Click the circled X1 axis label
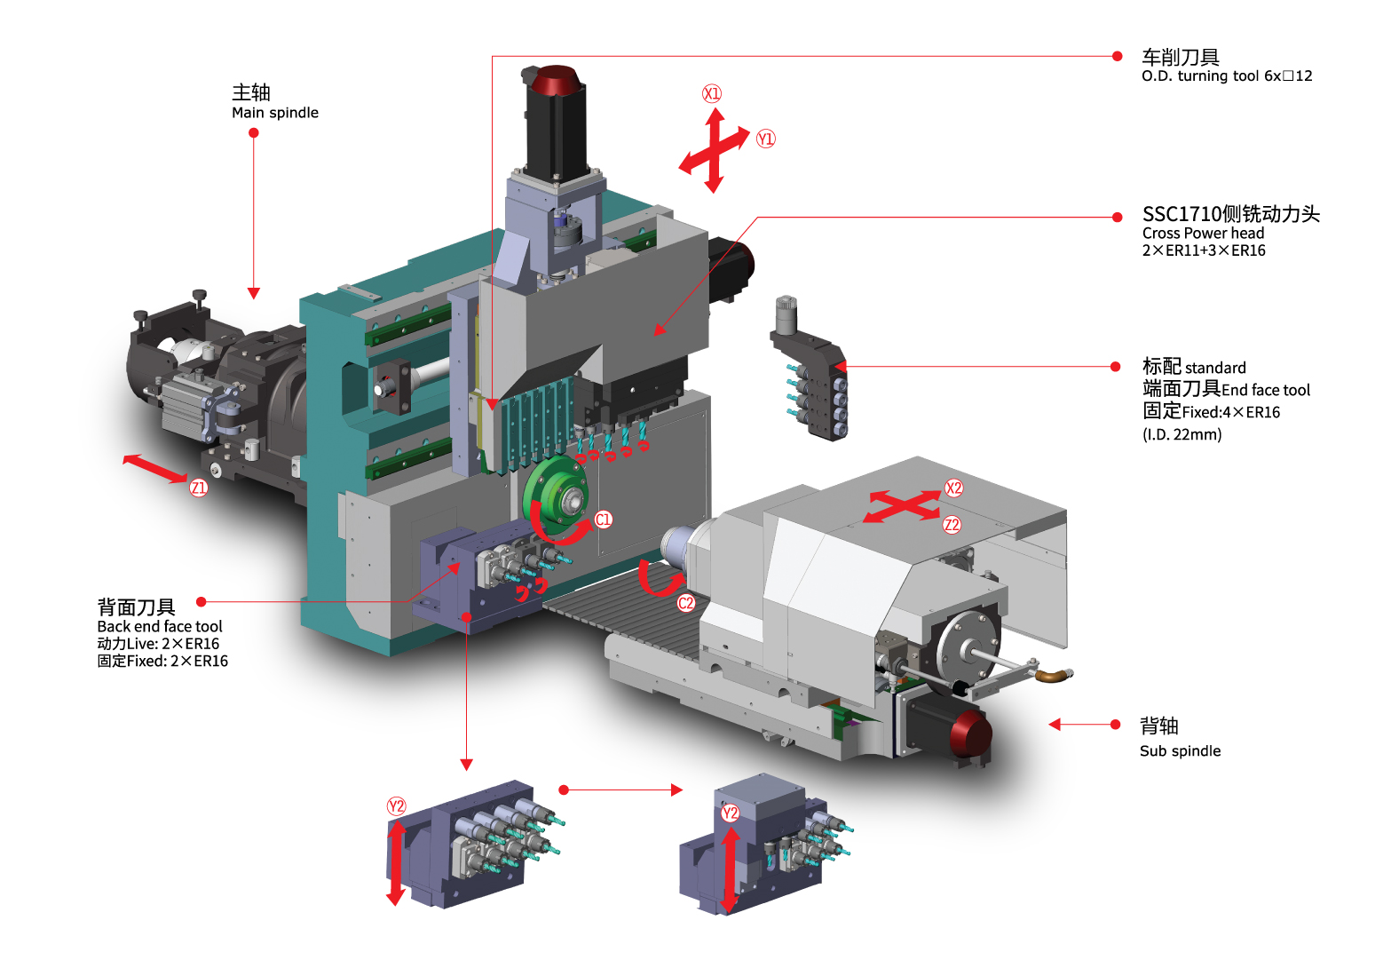(712, 94)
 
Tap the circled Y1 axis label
(765, 139)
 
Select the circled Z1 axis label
(198, 488)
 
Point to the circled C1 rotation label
(604, 520)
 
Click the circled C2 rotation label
(686, 603)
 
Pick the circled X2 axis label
(953, 488)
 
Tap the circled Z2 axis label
(952, 525)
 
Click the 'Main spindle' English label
(275, 113)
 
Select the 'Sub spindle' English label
(1180, 751)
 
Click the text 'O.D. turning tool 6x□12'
(1227, 76)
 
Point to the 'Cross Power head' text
(1203, 234)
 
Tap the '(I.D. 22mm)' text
(1182, 434)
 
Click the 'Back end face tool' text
(160, 626)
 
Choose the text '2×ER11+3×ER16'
(1204, 250)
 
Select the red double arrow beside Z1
(154, 468)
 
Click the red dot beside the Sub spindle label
(1116, 725)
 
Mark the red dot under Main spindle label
(254, 133)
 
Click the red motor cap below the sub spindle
(971, 735)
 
